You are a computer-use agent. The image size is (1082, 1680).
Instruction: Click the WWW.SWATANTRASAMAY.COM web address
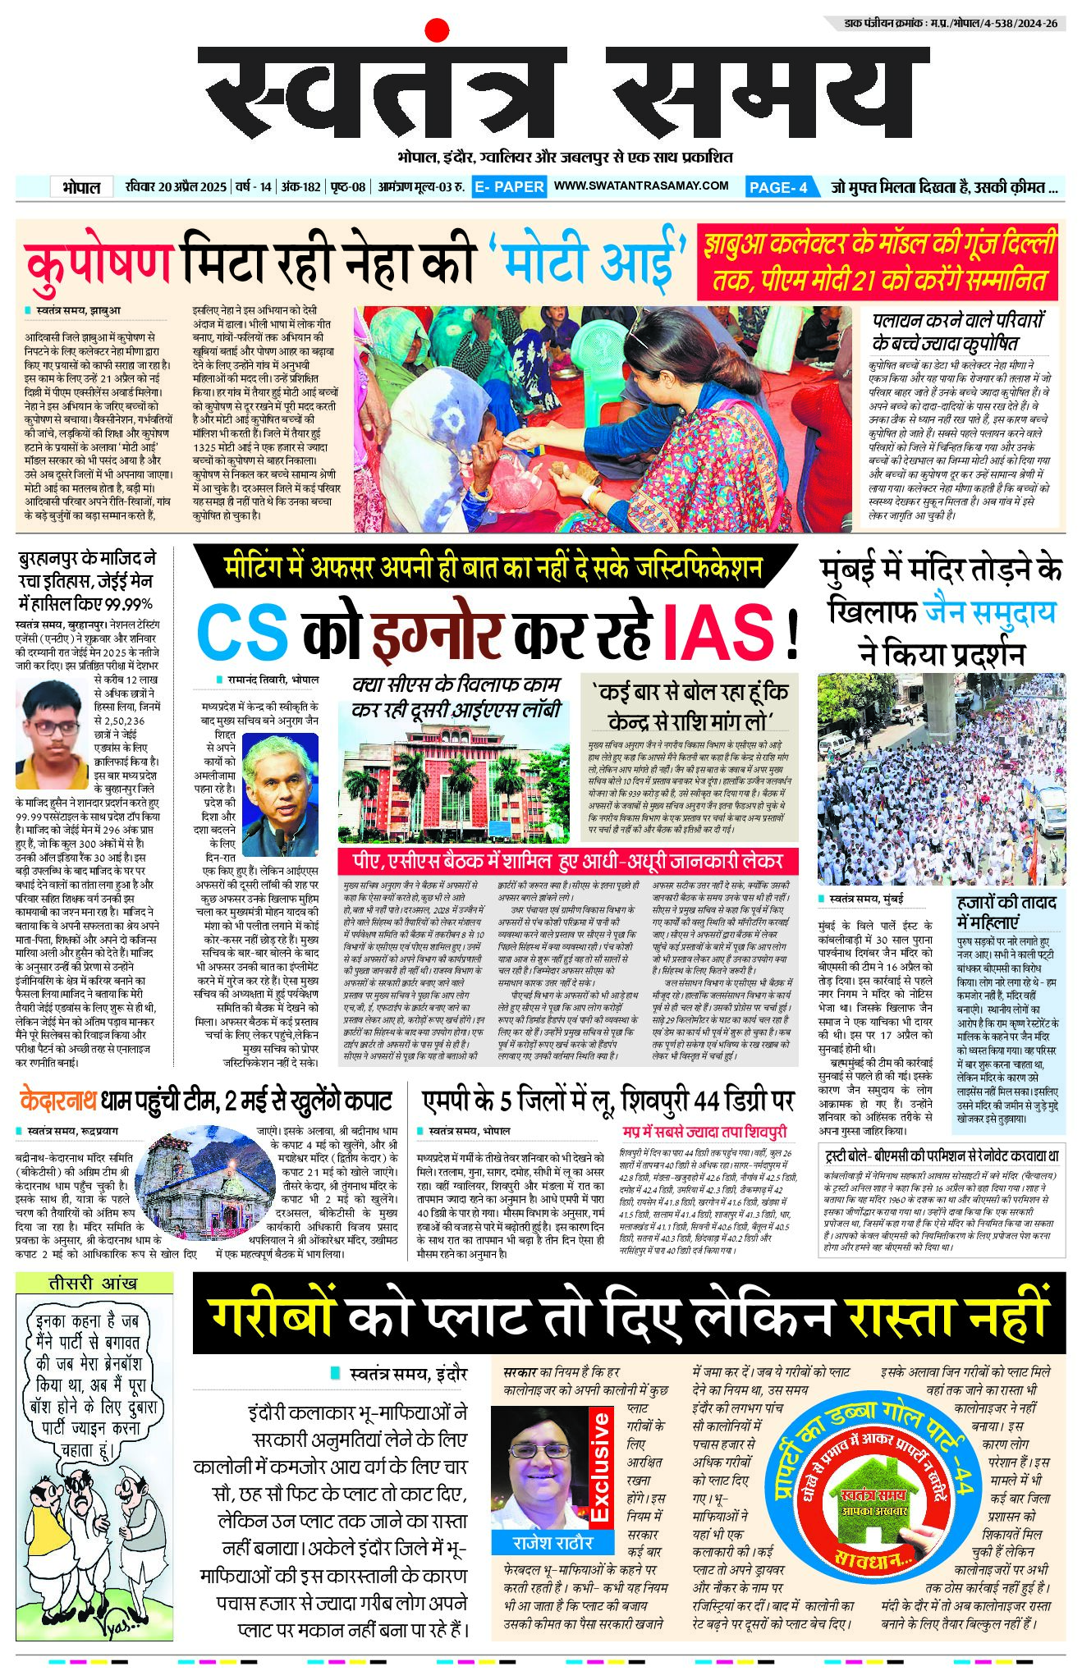coord(641,186)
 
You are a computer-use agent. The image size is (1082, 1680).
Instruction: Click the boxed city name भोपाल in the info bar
coord(81,187)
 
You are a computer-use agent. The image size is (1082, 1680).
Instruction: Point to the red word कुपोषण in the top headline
coord(99,261)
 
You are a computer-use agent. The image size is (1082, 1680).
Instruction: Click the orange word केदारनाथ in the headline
coord(58,1100)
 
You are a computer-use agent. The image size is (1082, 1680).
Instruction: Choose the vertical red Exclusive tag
coord(600,1466)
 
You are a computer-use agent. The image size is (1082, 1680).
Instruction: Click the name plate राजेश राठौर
coord(552,1543)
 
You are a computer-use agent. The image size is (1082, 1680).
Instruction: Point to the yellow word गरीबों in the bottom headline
coord(271,1317)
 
